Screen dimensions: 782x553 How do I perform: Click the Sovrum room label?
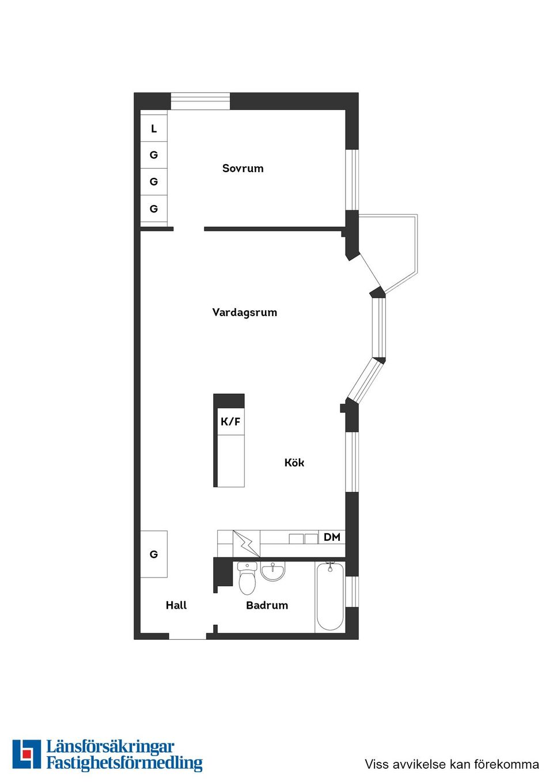(x=243, y=168)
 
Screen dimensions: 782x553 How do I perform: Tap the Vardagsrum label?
(x=244, y=312)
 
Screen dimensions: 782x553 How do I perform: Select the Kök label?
(x=294, y=462)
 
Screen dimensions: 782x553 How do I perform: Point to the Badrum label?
(x=267, y=605)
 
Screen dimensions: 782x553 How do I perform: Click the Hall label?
(x=176, y=605)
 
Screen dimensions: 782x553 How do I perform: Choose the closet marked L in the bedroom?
(x=154, y=128)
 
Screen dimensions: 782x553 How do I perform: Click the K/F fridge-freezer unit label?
(x=230, y=422)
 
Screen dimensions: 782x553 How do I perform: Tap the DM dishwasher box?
(x=332, y=537)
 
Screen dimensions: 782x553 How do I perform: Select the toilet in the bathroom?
(x=247, y=578)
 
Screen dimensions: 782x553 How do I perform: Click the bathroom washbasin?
(x=272, y=571)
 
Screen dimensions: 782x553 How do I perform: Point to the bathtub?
(x=330, y=596)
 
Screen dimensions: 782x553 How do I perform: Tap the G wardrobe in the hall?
(x=154, y=554)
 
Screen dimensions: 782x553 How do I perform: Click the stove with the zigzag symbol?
(x=246, y=544)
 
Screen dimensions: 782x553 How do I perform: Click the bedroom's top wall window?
(x=200, y=101)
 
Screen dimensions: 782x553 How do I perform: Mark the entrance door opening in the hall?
(x=187, y=636)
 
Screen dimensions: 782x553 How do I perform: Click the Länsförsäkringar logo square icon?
(x=26, y=754)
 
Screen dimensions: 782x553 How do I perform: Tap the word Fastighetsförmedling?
(x=124, y=764)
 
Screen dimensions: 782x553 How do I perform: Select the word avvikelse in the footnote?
(x=419, y=764)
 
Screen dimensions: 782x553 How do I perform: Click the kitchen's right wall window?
(x=352, y=462)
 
